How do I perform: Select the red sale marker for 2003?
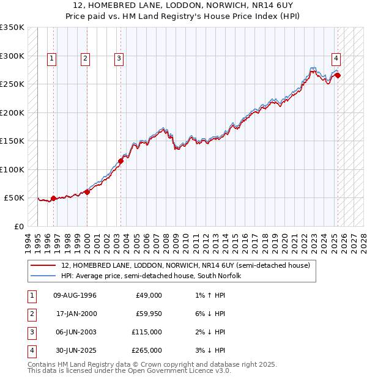tap(120, 161)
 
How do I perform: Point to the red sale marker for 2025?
tap(338, 76)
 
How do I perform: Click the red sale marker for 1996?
tap(53, 198)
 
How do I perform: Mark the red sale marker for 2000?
tap(87, 192)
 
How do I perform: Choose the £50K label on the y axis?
tap(14, 198)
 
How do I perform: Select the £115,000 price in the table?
tap(147, 332)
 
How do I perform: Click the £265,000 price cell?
tap(147, 350)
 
